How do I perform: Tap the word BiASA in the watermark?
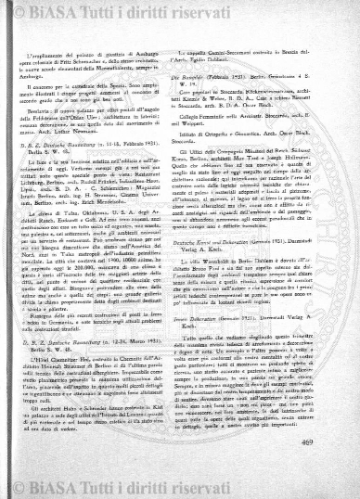[x=67, y=11]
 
